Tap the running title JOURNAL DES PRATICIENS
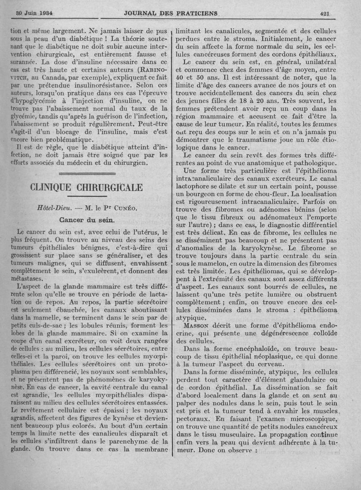coord(171,14)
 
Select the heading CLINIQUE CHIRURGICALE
coord(86,187)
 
